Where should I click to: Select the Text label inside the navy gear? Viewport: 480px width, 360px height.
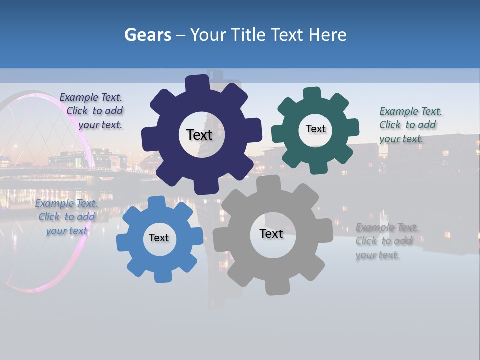click(199, 135)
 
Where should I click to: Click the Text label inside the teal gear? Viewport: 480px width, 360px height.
click(315, 129)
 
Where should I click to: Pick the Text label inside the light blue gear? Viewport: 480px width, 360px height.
click(159, 238)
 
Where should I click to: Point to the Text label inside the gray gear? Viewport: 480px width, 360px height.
click(271, 233)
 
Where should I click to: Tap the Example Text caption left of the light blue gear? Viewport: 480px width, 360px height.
click(66, 217)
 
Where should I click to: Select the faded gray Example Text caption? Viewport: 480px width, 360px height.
click(385, 241)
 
